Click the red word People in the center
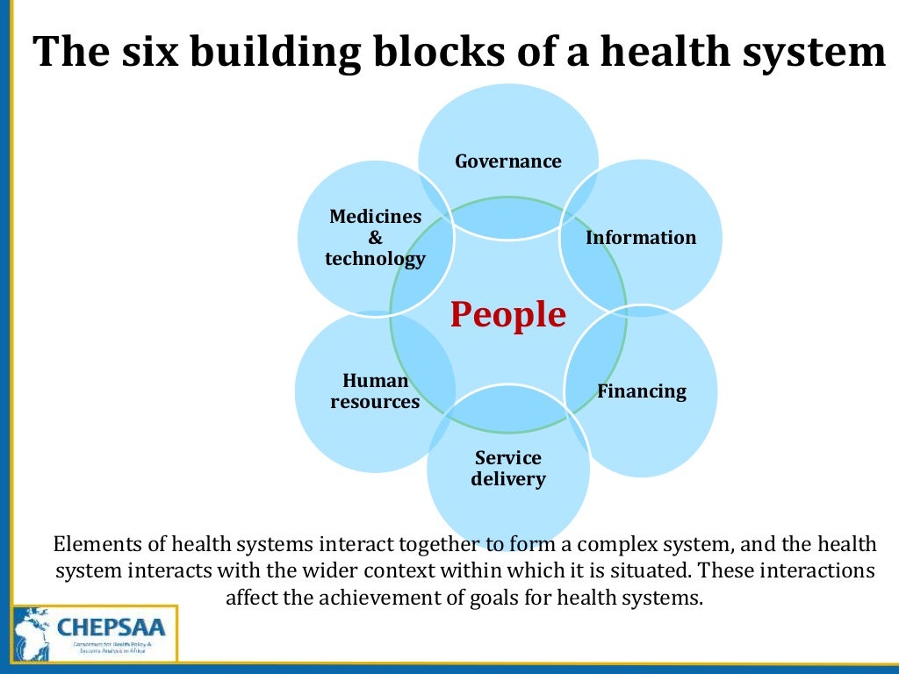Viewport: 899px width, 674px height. point(508,314)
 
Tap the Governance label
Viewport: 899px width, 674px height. point(508,161)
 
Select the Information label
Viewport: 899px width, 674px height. point(641,238)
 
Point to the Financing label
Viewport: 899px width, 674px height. point(642,391)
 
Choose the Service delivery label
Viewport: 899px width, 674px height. point(508,469)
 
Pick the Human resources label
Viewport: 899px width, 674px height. point(375,391)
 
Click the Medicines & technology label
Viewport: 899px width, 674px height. point(375,238)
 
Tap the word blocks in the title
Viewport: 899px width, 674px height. point(427,53)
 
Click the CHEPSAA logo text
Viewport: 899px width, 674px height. point(115,627)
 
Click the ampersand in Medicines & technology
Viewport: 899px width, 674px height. point(375,238)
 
